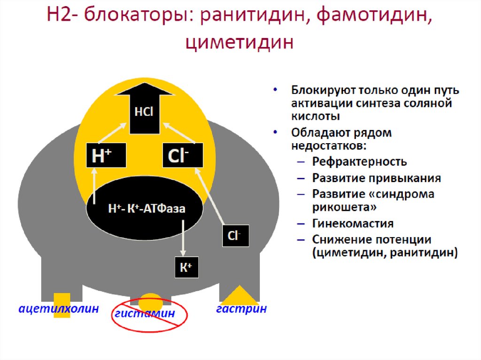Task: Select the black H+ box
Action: (106, 155)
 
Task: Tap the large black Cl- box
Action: (183, 155)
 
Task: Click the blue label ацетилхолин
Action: (59, 309)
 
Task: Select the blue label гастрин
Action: (241, 309)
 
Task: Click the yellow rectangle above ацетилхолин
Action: (62, 299)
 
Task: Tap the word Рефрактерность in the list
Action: (359, 162)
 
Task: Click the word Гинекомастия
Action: (353, 223)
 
